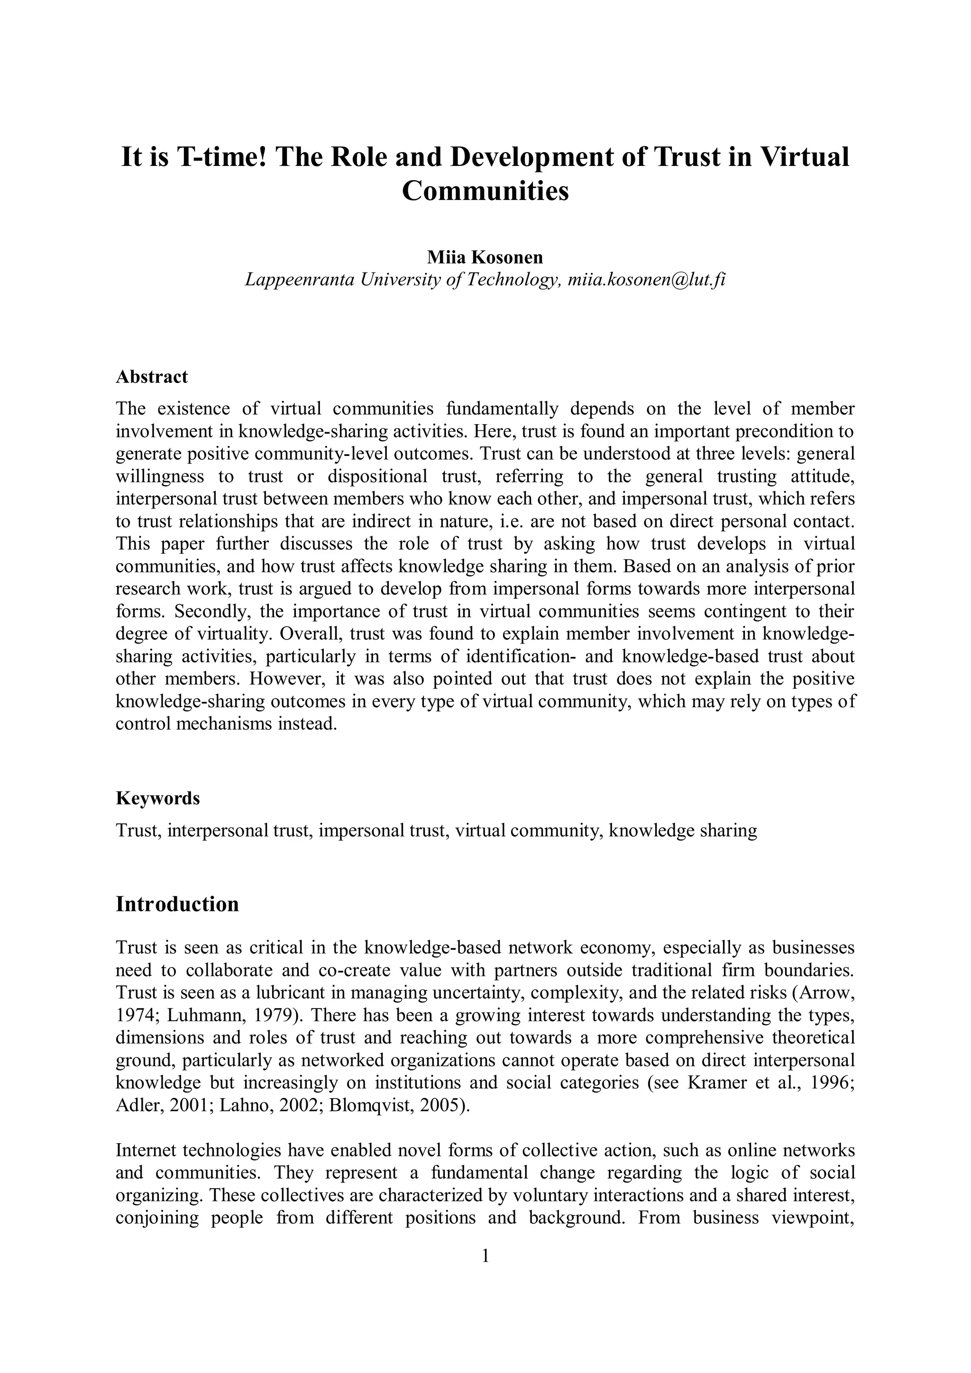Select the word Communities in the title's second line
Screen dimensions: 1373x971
click(485, 191)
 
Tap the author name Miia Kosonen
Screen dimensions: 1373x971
click(485, 257)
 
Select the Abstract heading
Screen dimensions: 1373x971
click(152, 377)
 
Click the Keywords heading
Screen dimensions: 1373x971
click(158, 798)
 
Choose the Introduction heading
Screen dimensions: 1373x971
click(177, 904)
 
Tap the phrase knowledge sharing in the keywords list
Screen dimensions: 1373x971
click(683, 831)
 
